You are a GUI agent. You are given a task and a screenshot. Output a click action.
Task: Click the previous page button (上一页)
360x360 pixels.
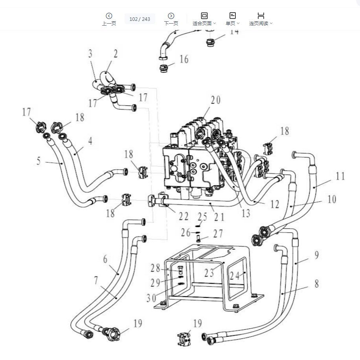click(109, 19)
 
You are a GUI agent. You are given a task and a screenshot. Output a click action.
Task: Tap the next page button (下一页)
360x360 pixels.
click(171, 19)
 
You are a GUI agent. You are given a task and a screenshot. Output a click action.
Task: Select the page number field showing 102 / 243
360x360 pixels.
click(140, 19)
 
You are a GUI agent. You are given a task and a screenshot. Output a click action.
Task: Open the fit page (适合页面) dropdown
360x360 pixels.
click(204, 19)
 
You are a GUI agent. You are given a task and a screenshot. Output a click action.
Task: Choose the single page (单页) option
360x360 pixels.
click(232, 19)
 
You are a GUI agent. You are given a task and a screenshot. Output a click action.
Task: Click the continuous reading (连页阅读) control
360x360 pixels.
click(261, 19)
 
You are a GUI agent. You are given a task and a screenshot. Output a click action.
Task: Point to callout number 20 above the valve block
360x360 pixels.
click(215, 100)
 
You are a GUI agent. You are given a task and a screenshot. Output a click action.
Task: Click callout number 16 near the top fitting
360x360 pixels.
click(184, 59)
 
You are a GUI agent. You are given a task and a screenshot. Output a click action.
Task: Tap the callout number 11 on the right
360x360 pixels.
click(340, 176)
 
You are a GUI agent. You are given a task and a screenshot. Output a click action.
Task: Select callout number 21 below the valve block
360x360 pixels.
click(219, 216)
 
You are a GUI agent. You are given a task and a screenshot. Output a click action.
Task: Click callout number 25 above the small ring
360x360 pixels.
click(202, 216)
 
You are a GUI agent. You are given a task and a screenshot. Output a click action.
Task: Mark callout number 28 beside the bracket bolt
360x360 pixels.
click(156, 268)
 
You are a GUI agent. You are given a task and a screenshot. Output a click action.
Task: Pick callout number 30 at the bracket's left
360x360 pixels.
click(151, 298)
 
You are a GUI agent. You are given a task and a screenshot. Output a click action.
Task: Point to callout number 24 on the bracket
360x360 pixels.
click(235, 276)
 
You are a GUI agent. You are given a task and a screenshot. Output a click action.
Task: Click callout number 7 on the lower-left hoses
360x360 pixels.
click(96, 280)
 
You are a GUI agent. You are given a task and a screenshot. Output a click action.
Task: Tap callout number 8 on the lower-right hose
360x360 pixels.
click(316, 283)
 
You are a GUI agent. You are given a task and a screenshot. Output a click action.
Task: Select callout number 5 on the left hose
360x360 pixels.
click(39, 161)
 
